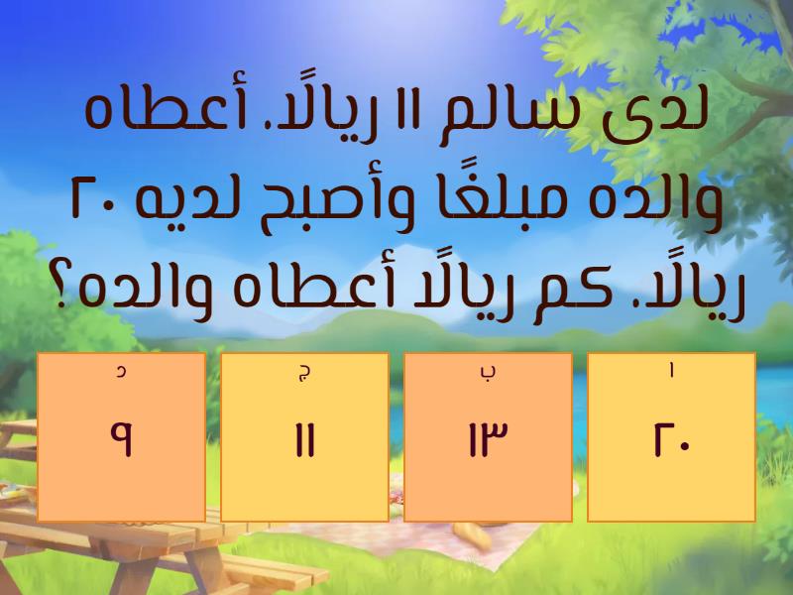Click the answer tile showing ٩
coord(121,436)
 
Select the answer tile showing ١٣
coord(489,436)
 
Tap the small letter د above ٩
coord(121,373)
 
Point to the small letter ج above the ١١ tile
coord(304,373)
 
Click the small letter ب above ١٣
coord(489,373)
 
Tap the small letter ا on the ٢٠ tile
coord(672,373)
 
